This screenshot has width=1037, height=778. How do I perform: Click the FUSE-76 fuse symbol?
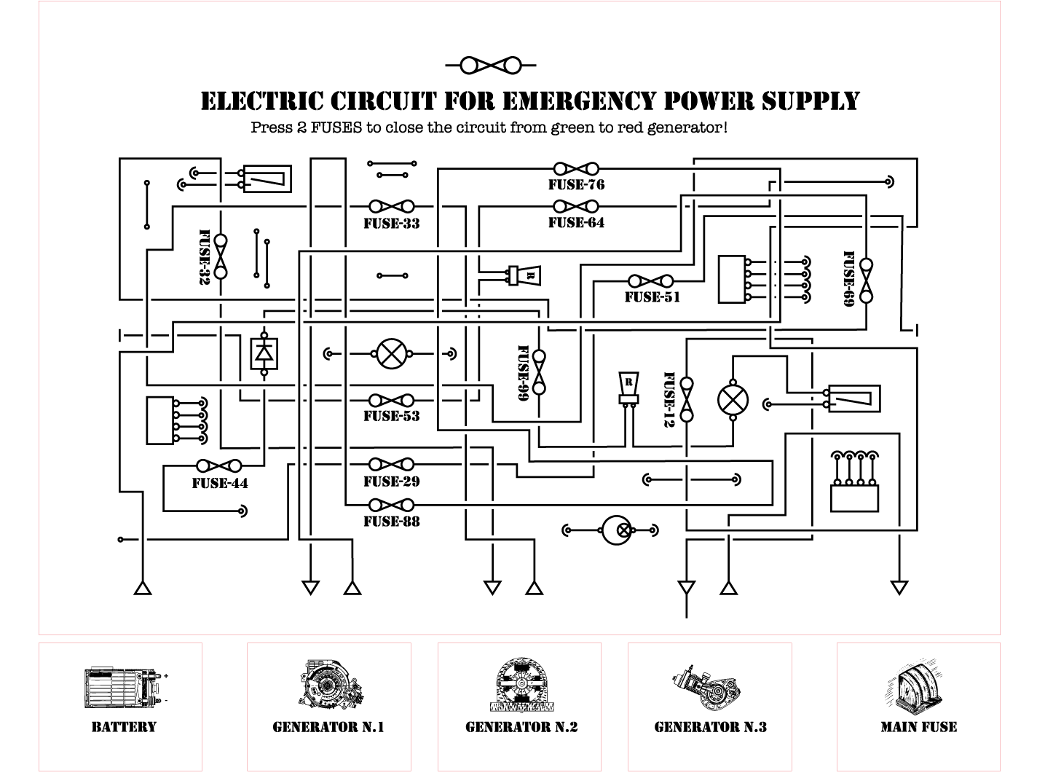576,169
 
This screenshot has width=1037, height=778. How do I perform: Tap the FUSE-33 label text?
392,224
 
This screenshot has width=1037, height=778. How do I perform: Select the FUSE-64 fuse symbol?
576,207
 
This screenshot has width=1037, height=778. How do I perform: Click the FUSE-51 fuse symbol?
651,281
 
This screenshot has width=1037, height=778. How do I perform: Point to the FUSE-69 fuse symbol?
866,280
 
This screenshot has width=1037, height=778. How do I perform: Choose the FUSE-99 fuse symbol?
539,372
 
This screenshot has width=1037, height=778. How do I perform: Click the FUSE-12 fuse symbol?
686,400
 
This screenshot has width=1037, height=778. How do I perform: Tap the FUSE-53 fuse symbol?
392,401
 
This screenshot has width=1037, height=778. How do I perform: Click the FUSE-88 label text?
392,522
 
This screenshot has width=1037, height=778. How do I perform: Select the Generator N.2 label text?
521,727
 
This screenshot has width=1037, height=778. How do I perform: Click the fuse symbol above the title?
491,66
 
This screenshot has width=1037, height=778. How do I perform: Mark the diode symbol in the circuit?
264,353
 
